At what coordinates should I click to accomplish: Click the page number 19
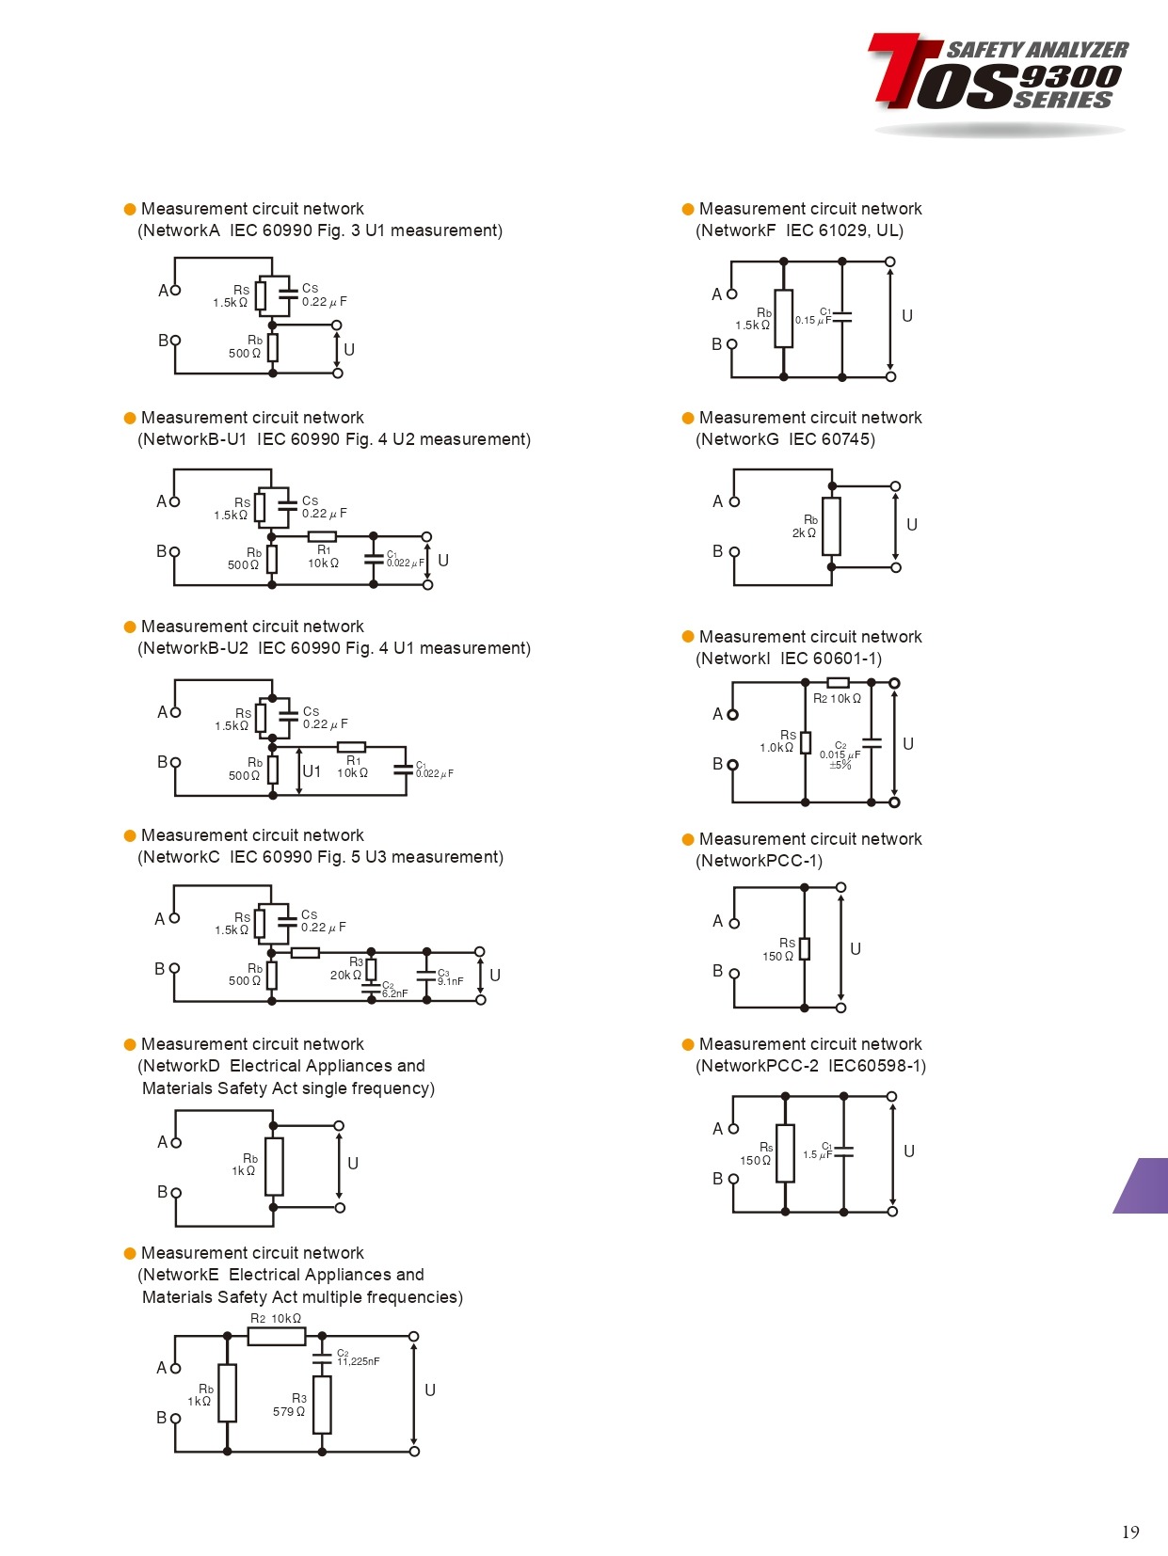tap(1129, 1532)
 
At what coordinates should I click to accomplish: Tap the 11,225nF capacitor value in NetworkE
tap(359, 1361)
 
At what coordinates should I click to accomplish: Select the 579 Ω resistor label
tap(288, 1411)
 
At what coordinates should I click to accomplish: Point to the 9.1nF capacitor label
tap(450, 981)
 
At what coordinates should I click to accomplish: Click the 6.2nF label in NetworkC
tap(395, 993)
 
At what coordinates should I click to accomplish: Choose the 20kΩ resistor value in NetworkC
tap(344, 975)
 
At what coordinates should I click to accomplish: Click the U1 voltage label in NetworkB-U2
tap(312, 771)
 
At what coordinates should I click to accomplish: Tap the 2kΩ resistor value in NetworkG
tap(804, 533)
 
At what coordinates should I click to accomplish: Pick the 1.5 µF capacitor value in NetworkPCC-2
tap(816, 1154)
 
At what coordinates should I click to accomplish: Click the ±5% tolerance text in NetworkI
tap(840, 765)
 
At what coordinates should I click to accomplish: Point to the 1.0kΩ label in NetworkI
tap(776, 748)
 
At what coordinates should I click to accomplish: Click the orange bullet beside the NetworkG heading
tap(688, 418)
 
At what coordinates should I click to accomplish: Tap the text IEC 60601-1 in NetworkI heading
tap(831, 659)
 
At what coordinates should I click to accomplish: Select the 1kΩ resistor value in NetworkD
tap(243, 1171)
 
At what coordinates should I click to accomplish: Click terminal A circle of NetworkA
tap(175, 290)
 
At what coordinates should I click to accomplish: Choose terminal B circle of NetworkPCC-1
tap(734, 974)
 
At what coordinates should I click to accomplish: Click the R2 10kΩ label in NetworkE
tap(276, 1318)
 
